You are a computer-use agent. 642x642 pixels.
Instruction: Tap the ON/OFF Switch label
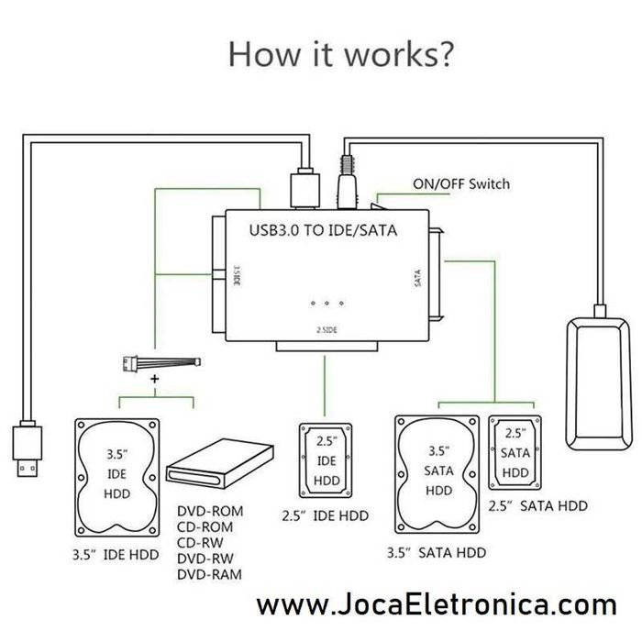pos(460,184)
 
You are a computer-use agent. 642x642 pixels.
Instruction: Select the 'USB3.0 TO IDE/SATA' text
pos(324,230)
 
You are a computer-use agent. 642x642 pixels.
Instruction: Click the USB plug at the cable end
pos(28,448)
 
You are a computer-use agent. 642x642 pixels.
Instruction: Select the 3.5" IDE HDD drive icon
pos(117,476)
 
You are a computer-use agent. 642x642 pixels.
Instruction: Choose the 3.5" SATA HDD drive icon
pos(436,474)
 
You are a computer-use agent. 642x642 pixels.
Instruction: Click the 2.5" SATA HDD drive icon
pos(515,450)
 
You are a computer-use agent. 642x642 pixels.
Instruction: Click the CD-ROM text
pos(205,526)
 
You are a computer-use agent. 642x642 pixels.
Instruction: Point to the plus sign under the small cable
pos(154,378)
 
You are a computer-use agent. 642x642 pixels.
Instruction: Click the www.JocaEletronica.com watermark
pos(437,606)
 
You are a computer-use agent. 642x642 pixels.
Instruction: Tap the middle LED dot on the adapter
pos(326,302)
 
